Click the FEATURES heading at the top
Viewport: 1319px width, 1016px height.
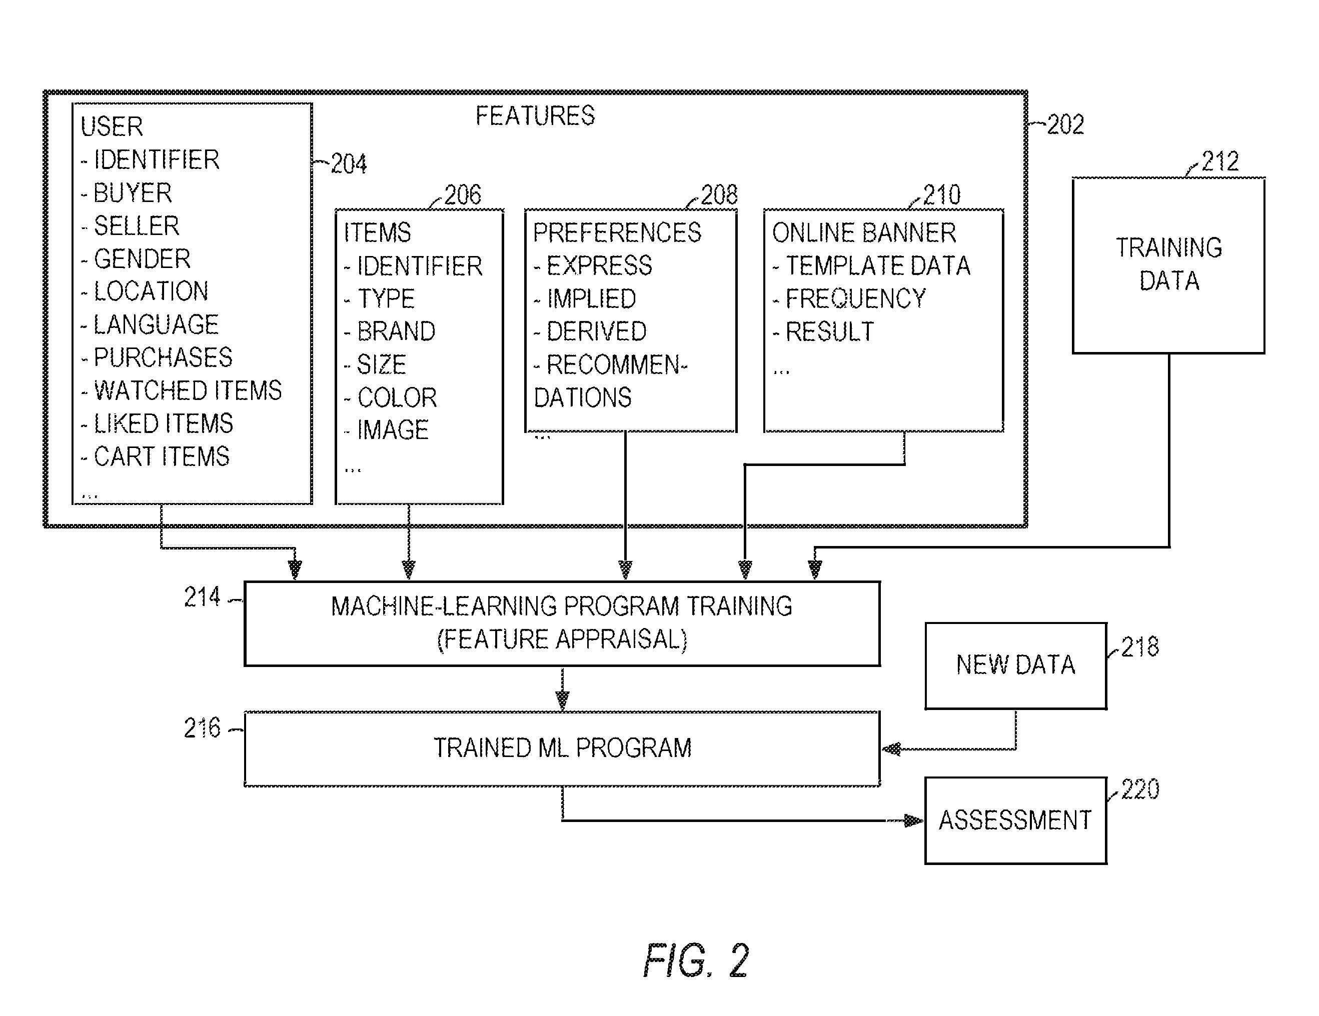tap(535, 115)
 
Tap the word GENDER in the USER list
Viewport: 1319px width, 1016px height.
tap(142, 258)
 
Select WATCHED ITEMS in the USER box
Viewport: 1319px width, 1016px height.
tap(188, 390)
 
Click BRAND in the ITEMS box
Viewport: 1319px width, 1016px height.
tap(396, 331)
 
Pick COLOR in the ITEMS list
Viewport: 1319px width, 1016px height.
tap(397, 397)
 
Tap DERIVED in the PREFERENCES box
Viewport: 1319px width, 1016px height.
tap(597, 331)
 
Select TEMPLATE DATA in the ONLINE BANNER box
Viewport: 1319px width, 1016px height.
tap(877, 265)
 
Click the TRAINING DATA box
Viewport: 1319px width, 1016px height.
tap(1168, 265)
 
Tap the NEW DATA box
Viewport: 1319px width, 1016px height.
tap(1016, 665)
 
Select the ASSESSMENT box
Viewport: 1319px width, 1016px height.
tap(1016, 820)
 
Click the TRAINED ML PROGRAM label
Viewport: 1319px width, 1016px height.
tap(562, 748)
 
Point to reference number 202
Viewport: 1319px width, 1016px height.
tap(1065, 124)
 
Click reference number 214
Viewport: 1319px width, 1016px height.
tap(202, 597)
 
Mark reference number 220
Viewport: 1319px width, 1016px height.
tap(1140, 789)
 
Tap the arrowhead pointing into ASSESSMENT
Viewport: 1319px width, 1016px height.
tap(914, 820)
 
